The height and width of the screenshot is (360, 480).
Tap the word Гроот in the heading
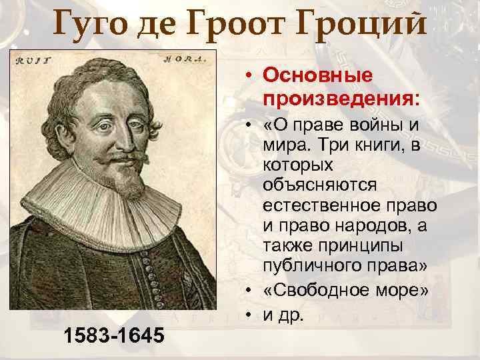257,25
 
